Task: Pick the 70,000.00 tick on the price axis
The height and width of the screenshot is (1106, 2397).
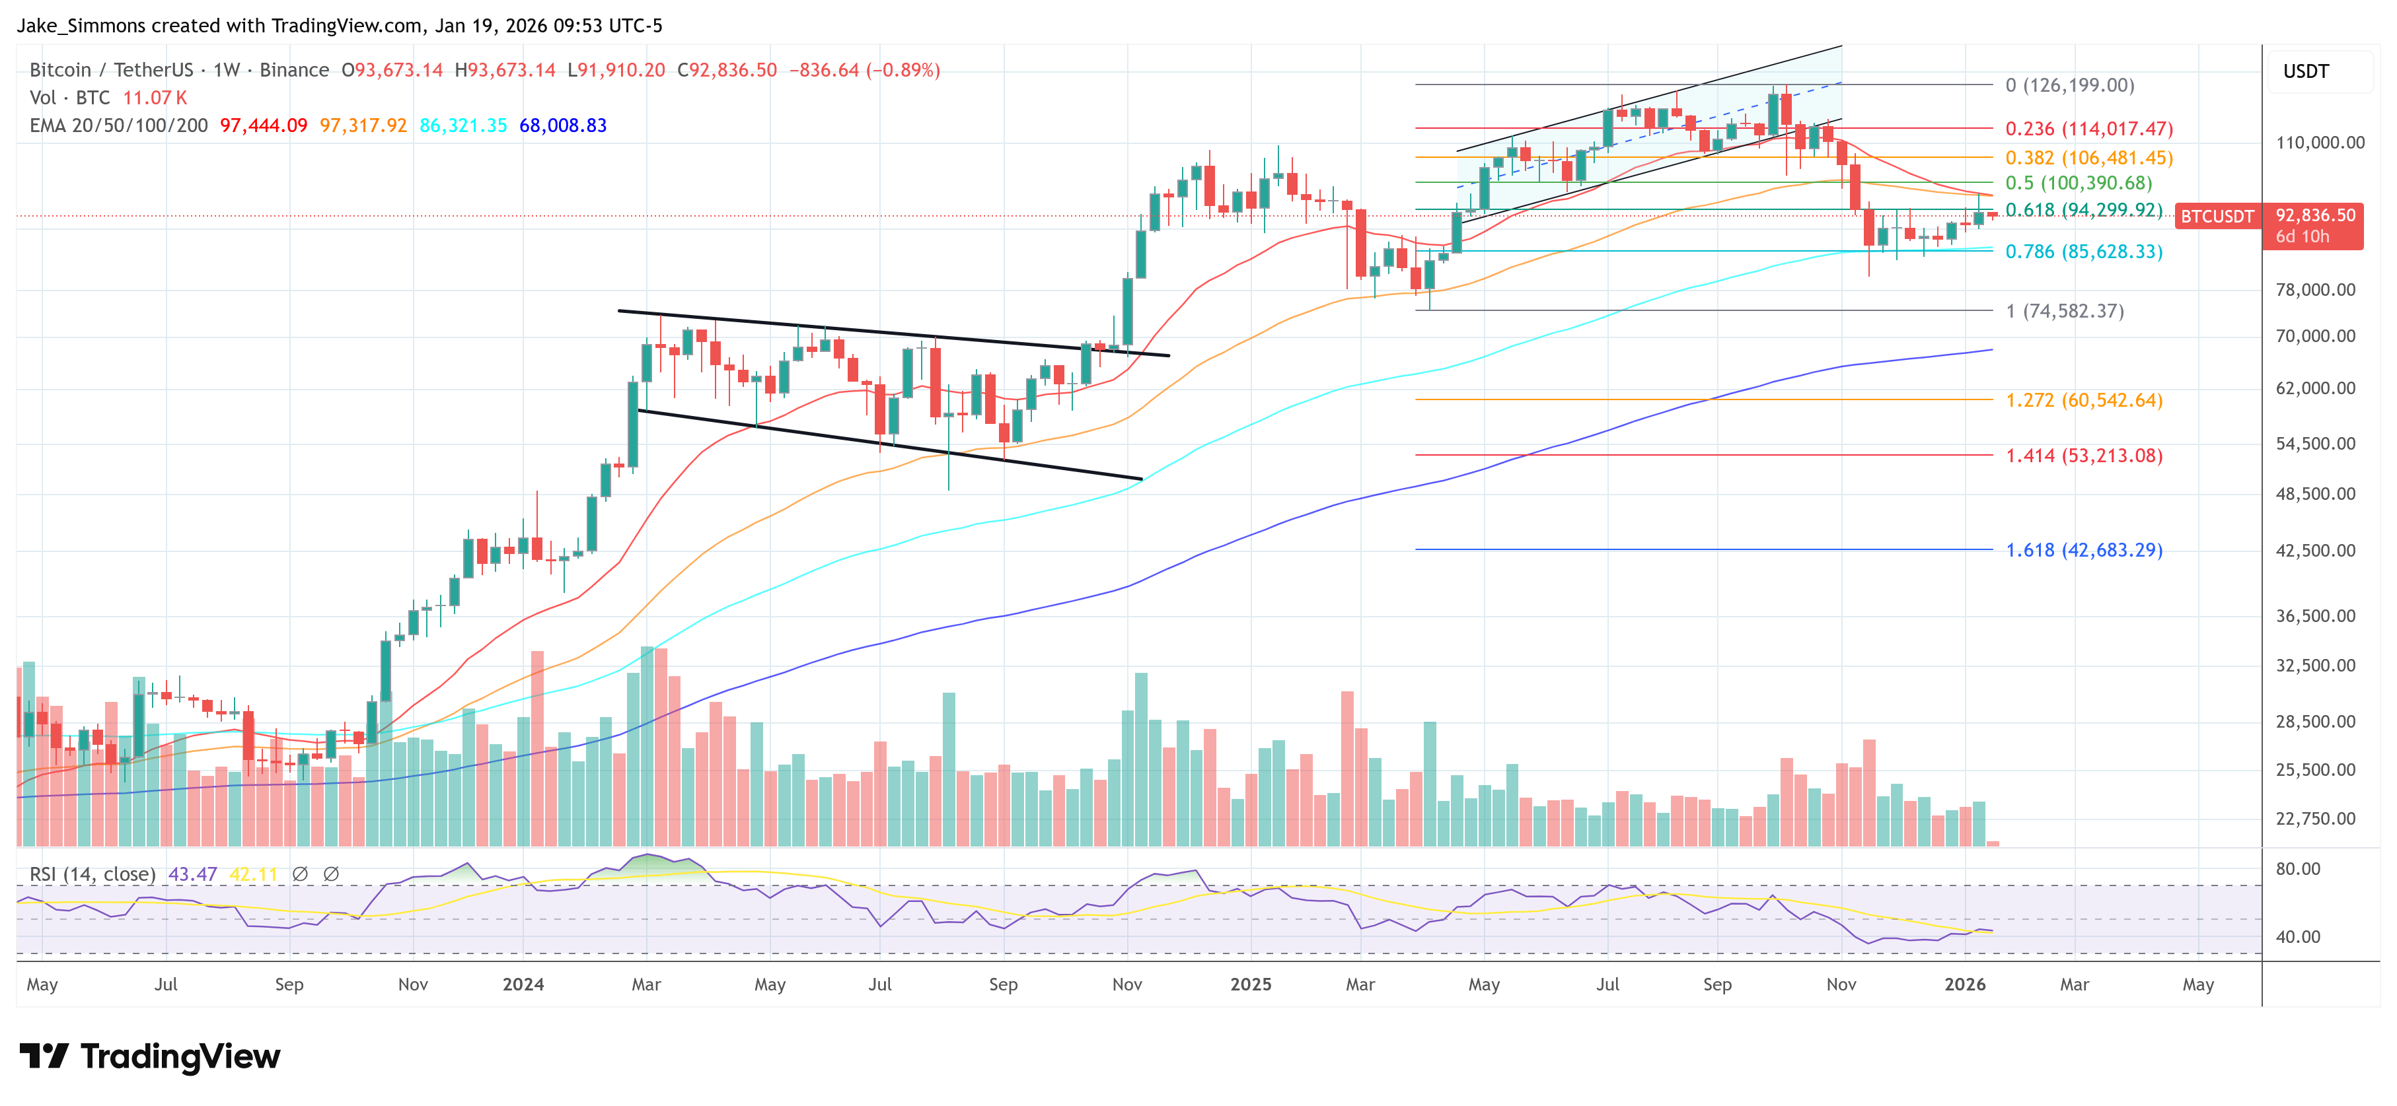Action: [2315, 336]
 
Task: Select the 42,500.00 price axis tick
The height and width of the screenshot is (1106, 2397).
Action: [2315, 550]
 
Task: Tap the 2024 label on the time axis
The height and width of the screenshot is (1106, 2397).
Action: [523, 984]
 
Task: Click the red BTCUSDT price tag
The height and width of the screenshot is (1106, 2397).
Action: [2217, 217]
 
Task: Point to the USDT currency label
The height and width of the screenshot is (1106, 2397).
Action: [2305, 71]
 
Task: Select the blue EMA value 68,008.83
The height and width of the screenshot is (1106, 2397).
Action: [562, 125]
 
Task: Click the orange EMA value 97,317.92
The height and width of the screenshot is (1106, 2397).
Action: [363, 125]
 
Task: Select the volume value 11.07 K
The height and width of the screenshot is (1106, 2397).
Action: [155, 98]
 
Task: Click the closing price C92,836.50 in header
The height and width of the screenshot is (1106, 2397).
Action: [726, 70]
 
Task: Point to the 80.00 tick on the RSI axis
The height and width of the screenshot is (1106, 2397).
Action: [2297, 869]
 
